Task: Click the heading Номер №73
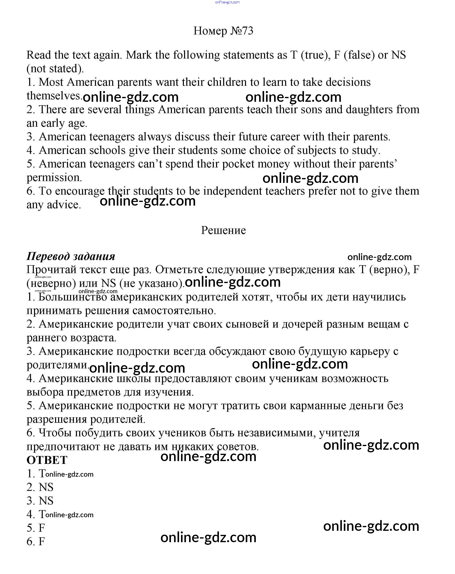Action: (223, 31)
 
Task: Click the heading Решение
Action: (223, 230)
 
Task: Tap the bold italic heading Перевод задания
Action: (71, 256)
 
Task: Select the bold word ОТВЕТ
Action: (47, 460)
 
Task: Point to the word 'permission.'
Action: (54, 178)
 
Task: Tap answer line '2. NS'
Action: (40, 487)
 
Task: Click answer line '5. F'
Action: (36, 528)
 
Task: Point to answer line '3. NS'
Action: (40, 501)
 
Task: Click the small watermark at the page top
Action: (227, 2)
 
